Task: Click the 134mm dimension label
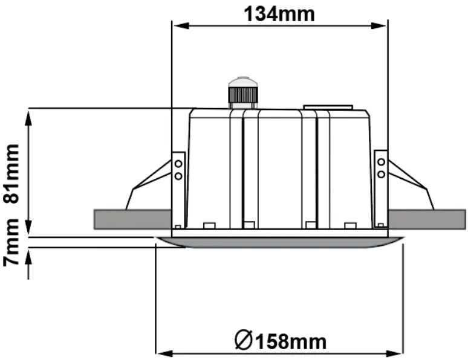pyautogui.click(x=279, y=13)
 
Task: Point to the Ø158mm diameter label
pyautogui.click(x=280, y=341)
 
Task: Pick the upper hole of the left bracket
pyautogui.click(x=178, y=163)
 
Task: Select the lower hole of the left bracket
pyautogui.click(x=178, y=175)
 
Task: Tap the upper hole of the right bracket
pyautogui.click(x=381, y=162)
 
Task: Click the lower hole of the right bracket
pyautogui.click(x=381, y=174)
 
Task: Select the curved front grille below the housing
pyautogui.click(x=279, y=242)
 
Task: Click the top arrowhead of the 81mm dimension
pyautogui.click(x=29, y=115)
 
